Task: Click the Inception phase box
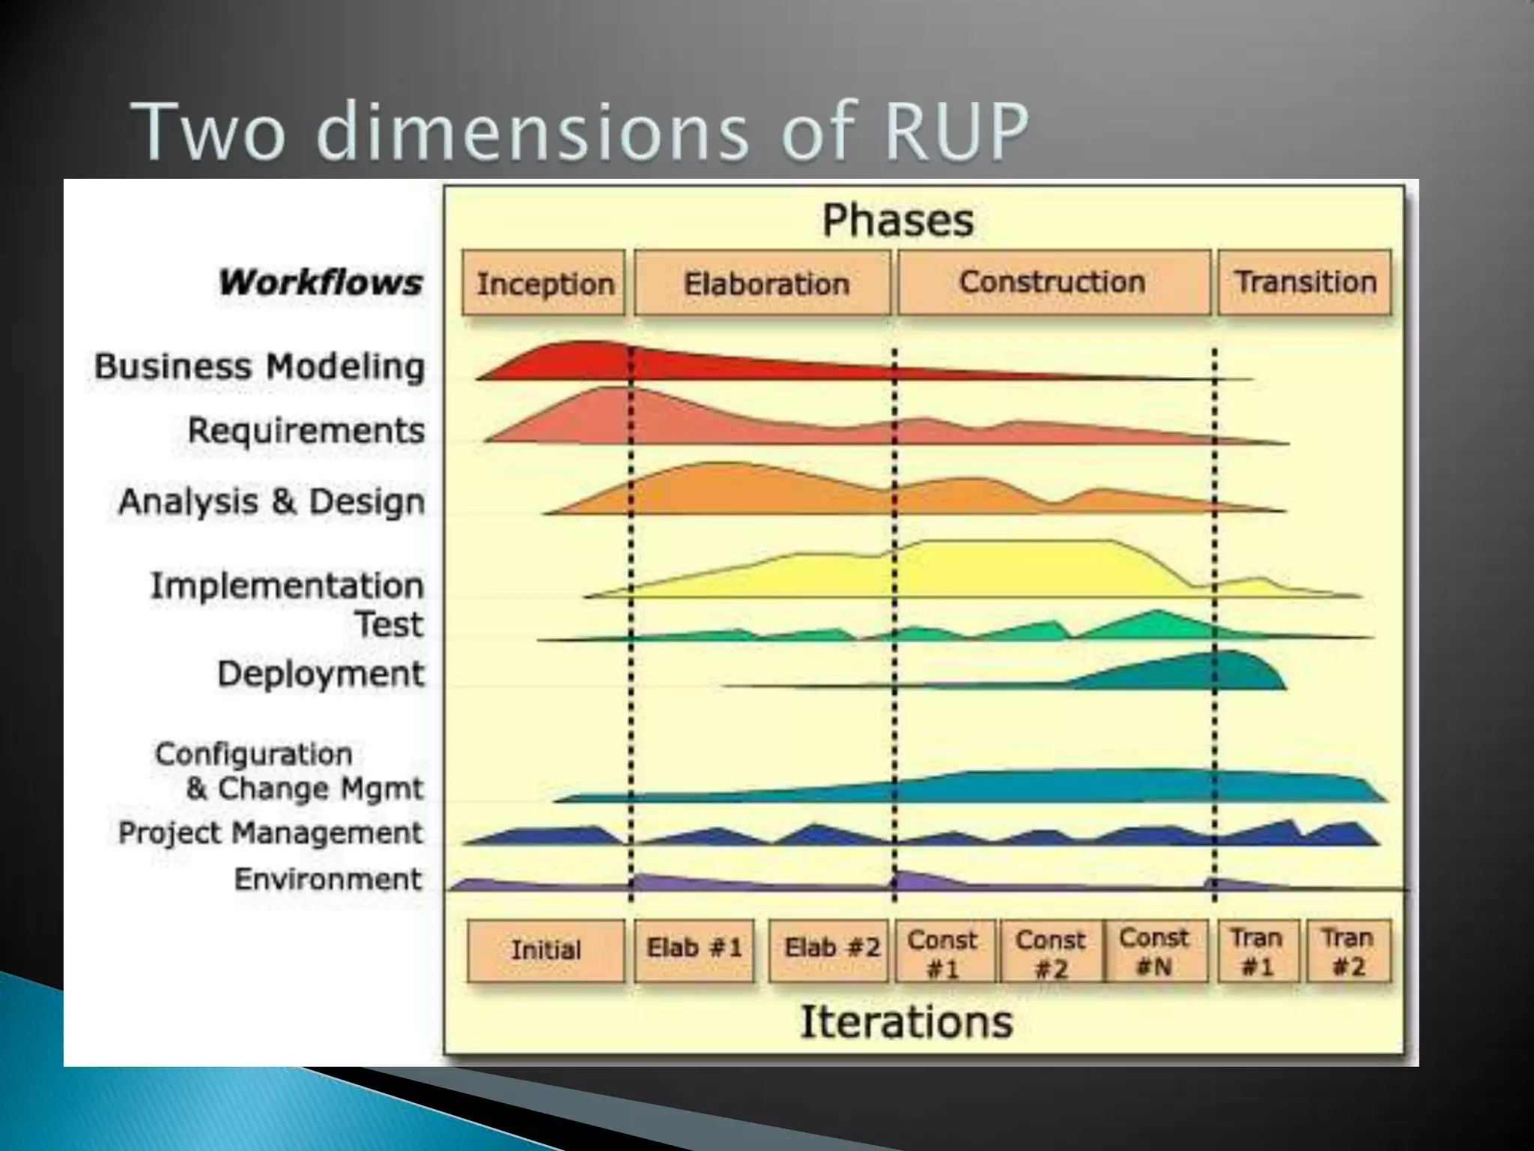[544, 283]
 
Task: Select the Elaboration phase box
[763, 283]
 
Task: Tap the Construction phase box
[1053, 282]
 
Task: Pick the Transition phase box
[1305, 282]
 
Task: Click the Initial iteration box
[545, 950]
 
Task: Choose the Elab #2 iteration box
[830, 949]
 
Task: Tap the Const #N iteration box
[1154, 950]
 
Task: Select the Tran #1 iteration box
[1258, 950]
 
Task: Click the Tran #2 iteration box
[1348, 950]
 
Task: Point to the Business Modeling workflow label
[259, 366]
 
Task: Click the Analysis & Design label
[271, 501]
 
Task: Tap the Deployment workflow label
[321, 674]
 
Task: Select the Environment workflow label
[328, 879]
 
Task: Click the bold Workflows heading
[321, 283]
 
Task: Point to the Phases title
[898, 220]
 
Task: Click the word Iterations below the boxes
[906, 1021]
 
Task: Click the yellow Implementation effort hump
[1011, 570]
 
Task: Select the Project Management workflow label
[270, 833]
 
